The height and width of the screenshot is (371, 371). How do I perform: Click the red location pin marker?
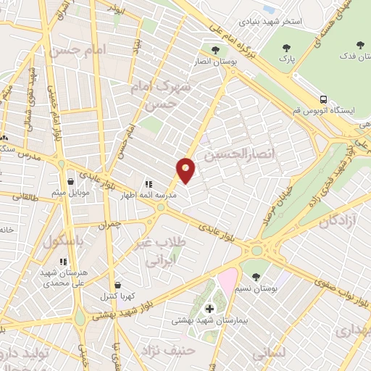[186, 170]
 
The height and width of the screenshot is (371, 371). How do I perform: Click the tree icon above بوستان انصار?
[216, 51]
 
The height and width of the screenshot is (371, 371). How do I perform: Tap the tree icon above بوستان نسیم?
[256, 276]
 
